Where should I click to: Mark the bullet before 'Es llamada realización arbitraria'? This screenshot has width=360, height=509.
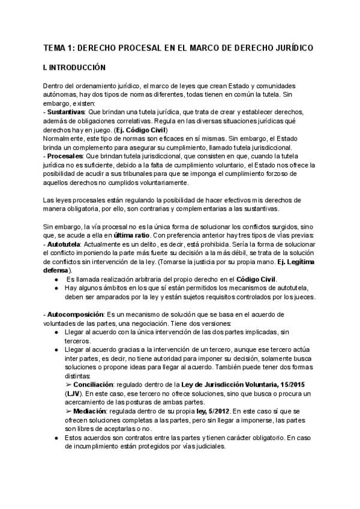click(x=56, y=263)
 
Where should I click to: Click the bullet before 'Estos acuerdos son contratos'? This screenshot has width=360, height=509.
click(x=56, y=438)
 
